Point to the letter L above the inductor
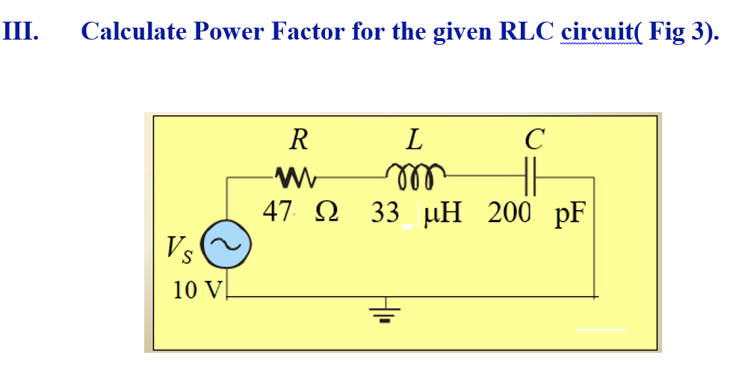[415, 139]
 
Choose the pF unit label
[569, 215]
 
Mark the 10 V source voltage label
[192, 289]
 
